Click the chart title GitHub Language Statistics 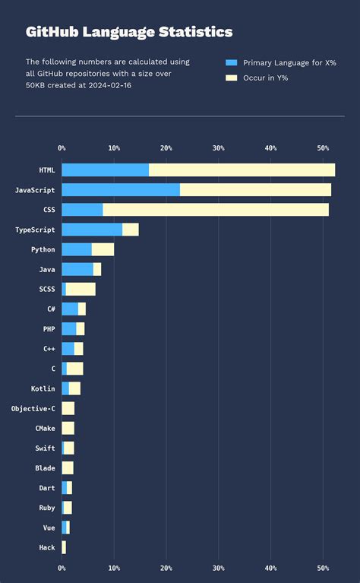(129, 32)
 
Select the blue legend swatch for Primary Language (232, 62)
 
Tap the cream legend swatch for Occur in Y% (232, 78)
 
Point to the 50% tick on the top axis (323, 147)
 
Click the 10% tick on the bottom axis (114, 567)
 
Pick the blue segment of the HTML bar (105, 170)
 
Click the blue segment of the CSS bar (82, 210)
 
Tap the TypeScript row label (35, 230)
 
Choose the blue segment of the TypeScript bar (92, 230)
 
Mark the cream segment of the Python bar (103, 249)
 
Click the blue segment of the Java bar (77, 269)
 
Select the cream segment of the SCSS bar (81, 289)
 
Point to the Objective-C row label (33, 408)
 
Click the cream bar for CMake (68, 428)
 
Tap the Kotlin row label (43, 388)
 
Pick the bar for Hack (64, 547)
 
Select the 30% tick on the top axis (219, 147)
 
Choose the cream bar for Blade (68, 467)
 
